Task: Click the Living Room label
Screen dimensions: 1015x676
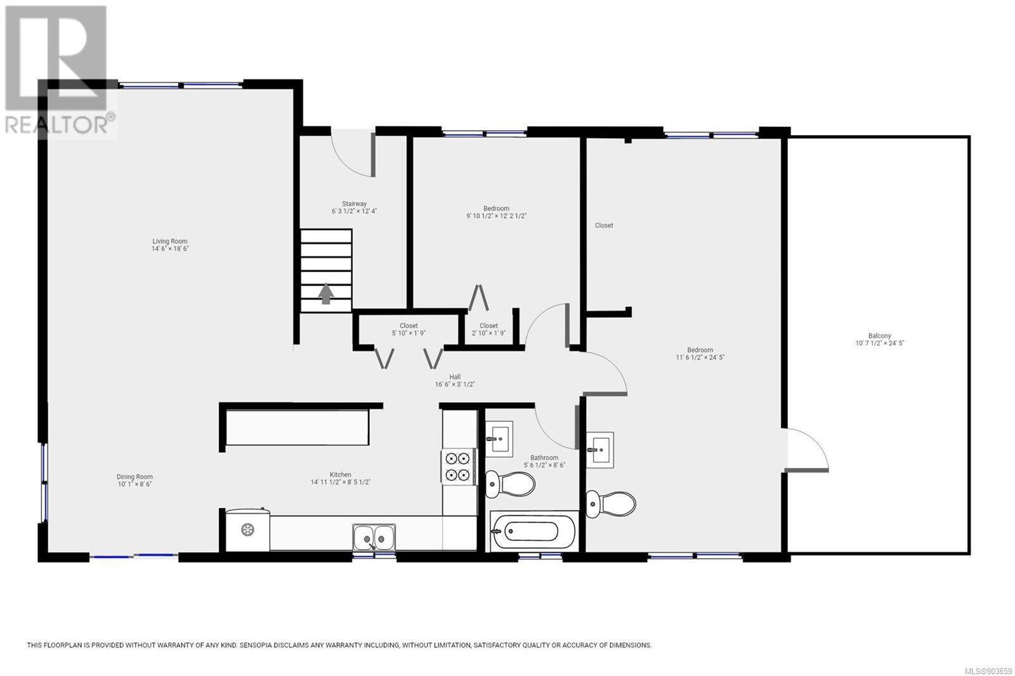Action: tap(170, 242)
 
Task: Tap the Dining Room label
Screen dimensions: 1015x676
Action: tap(134, 477)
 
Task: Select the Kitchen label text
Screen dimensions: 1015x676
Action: tap(340, 474)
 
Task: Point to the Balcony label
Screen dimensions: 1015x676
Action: tap(879, 335)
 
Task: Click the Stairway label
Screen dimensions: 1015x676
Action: tap(355, 204)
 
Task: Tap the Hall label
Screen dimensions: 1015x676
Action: tap(455, 377)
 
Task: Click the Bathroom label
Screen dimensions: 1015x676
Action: tap(544, 458)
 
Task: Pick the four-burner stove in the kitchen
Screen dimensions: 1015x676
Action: tap(458, 467)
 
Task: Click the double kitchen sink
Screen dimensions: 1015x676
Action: tap(374, 538)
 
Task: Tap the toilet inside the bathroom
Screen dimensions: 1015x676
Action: tap(510, 484)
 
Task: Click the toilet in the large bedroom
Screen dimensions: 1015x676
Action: tap(611, 504)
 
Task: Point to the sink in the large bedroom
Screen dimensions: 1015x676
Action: tap(600, 450)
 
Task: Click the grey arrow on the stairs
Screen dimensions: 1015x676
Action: tap(326, 294)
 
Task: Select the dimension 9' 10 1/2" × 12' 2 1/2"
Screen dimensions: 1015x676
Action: tap(496, 216)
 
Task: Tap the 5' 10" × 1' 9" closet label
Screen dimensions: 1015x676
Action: tap(409, 329)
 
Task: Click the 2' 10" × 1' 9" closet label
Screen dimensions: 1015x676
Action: tap(488, 329)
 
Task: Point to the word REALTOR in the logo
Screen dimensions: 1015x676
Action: tap(56, 125)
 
